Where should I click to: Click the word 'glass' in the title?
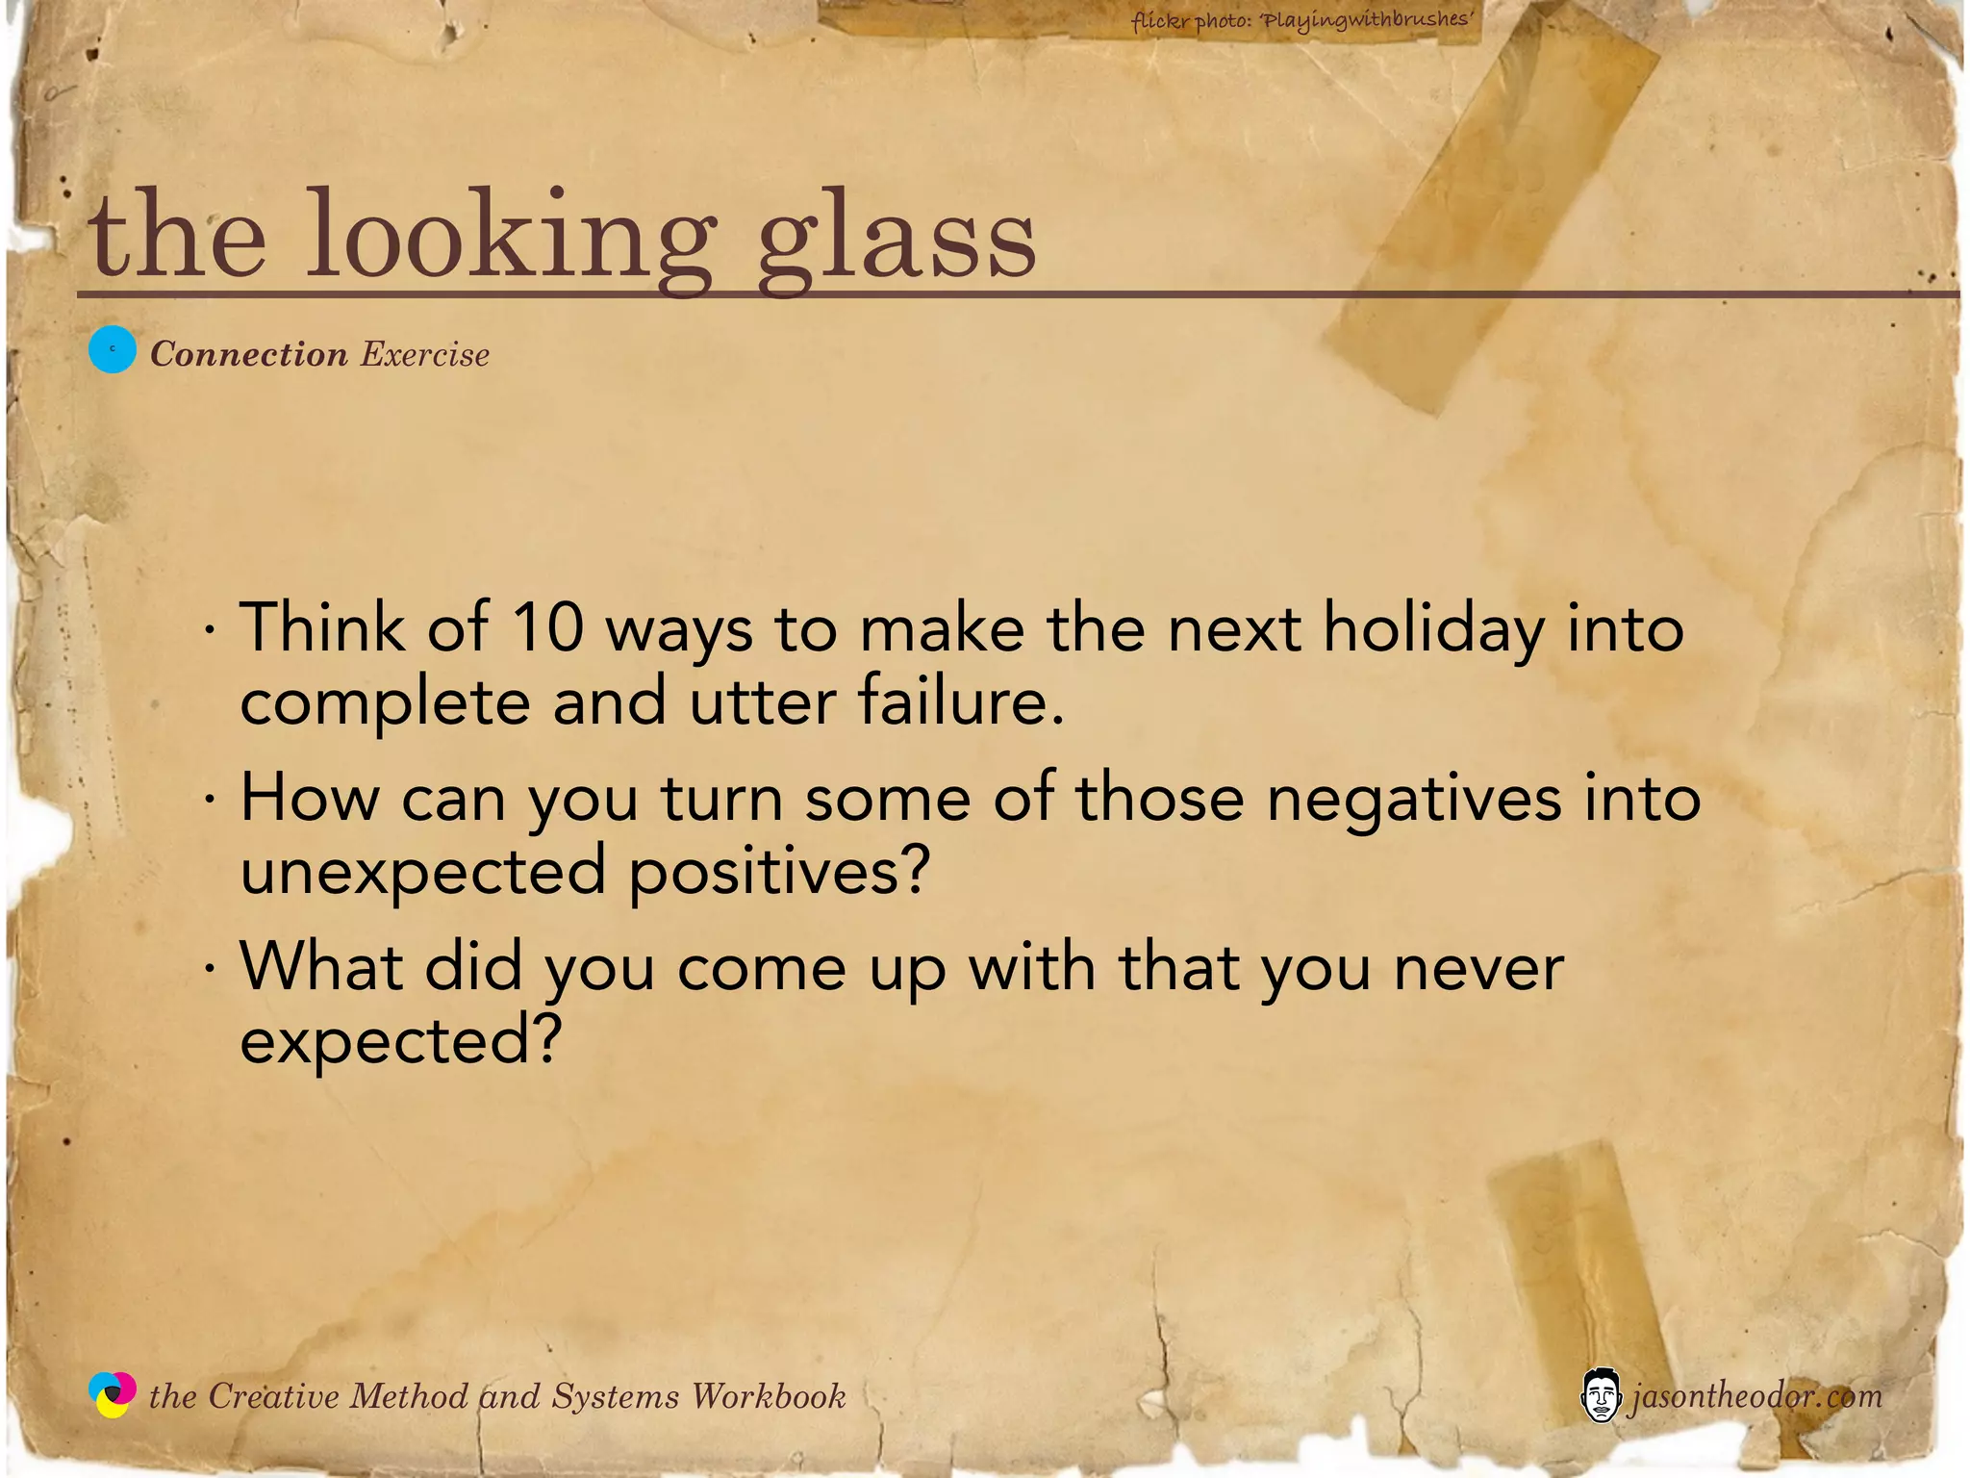tap(897, 241)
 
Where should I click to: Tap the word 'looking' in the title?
tap(511, 241)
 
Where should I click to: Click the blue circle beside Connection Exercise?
tap(113, 350)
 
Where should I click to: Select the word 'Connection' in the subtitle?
tap(249, 354)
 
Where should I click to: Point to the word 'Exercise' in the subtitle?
tap(425, 354)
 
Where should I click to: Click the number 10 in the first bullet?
tap(547, 627)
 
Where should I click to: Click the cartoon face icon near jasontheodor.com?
tap(1600, 1394)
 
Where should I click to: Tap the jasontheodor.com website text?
tap(1755, 1395)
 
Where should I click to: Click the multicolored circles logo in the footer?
tap(113, 1394)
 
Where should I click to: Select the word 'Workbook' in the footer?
tap(769, 1395)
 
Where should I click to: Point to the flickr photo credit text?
tap(1302, 19)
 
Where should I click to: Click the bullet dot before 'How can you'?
tap(209, 800)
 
